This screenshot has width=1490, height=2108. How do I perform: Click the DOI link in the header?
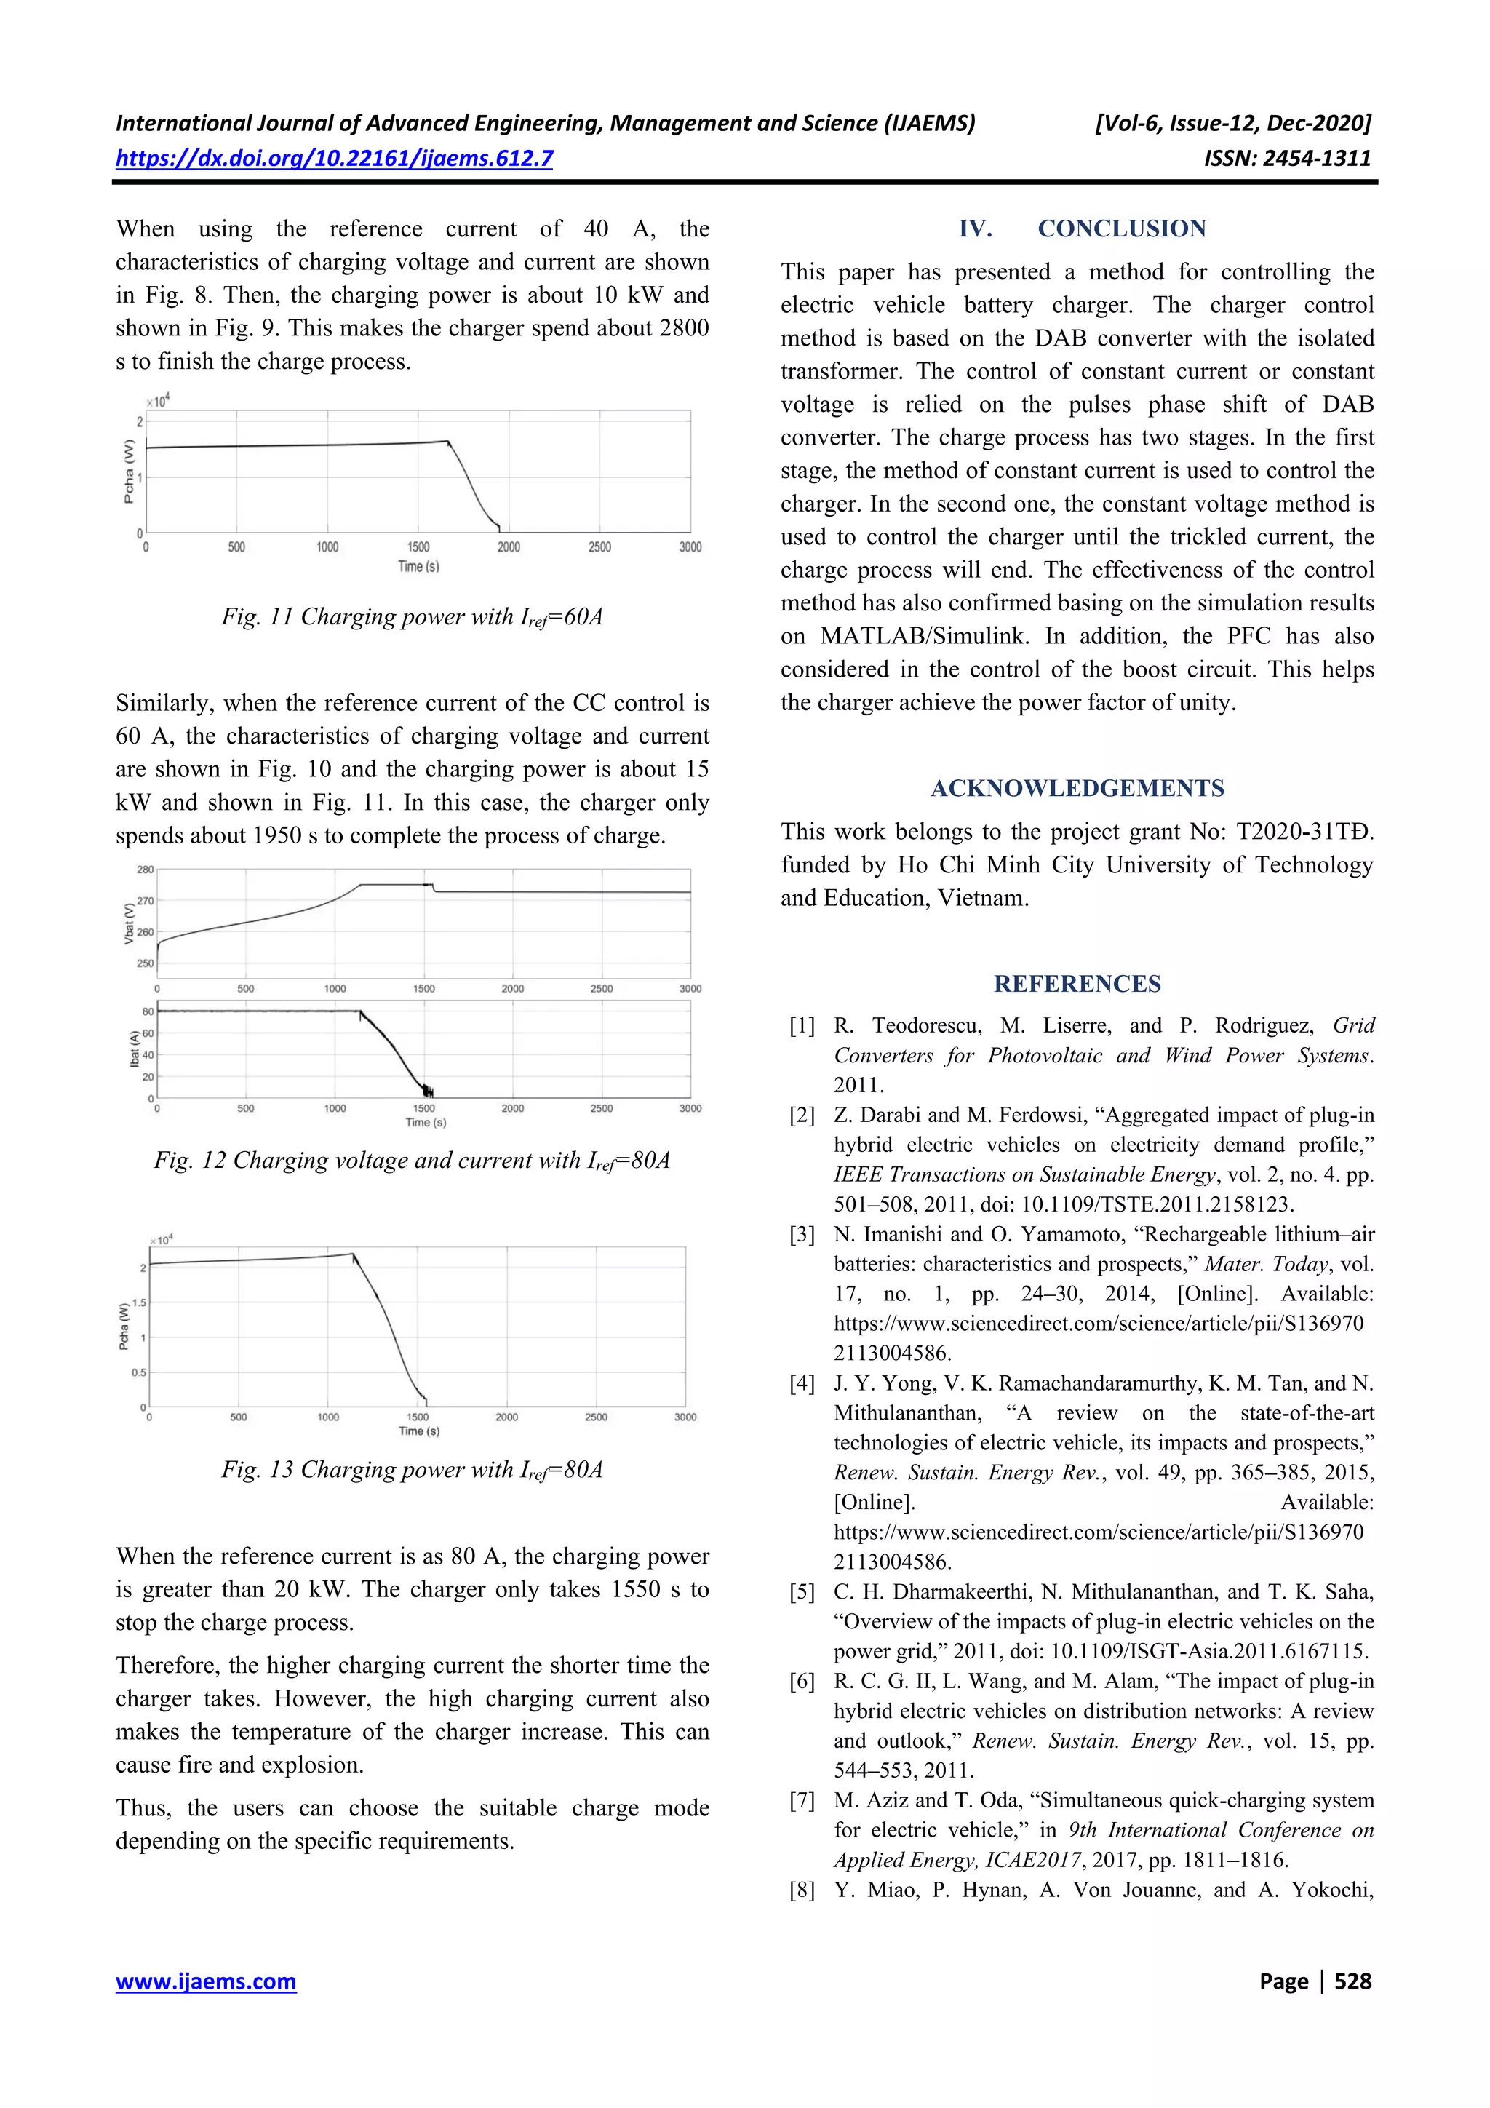coord(334,158)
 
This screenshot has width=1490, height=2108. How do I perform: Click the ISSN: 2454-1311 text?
coord(1287,158)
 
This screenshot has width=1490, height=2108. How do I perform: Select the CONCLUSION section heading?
coord(1121,228)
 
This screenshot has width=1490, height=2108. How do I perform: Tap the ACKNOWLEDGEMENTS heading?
coord(1077,788)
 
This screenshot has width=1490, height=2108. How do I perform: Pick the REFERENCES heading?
coord(1077,983)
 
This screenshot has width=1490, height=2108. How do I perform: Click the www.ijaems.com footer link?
coord(206,1981)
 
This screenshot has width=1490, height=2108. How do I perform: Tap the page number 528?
coord(1352,1981)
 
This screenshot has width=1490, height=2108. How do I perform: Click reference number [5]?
coord(802,1591)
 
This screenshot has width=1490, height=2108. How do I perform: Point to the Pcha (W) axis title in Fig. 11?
coord(129,472)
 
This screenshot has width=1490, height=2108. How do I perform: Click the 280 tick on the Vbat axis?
coord(145,870)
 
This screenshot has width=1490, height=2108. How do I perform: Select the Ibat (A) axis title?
coord(134,1049)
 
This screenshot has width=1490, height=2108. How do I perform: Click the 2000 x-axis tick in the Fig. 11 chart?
coord(509,547)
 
